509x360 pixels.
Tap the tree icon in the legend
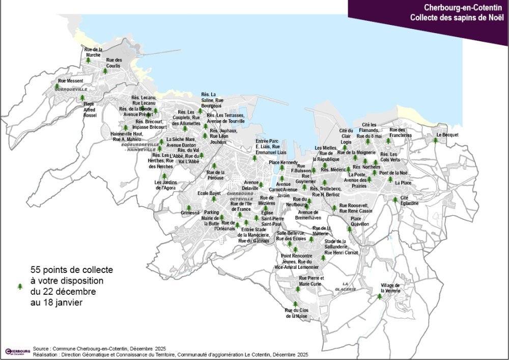point(20,287)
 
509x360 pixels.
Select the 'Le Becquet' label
point(447,135)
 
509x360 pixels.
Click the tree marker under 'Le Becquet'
point(435,141)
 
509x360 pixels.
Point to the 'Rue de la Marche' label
point(94,52)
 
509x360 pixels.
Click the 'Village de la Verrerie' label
point(390,288)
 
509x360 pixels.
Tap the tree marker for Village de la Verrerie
point(379,296)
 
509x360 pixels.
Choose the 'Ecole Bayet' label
point(209,193)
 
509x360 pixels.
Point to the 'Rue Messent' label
point(67,81)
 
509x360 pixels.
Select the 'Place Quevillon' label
point(359,221)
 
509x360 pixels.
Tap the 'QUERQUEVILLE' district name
point(68,89)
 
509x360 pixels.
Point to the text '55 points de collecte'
point(72,269)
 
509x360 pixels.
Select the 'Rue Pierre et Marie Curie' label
point(310,281)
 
